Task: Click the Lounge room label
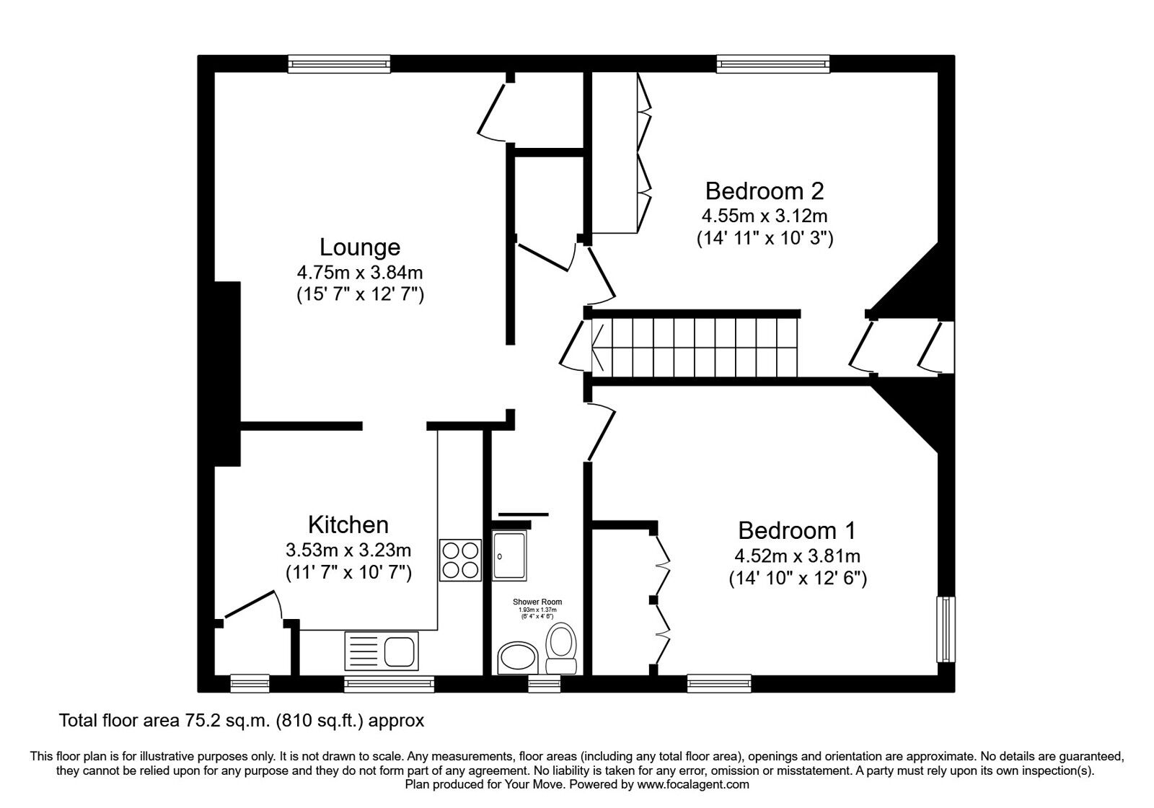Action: pyautogui.click(x=359, y=247)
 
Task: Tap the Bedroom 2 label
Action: pyautogui.click(x=764, y=191)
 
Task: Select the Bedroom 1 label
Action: pyautogui.click(x=796, y=531)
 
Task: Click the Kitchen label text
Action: pyautogui.click(x=348, y=524)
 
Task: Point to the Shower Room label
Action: pyautogui.click(x=537, y=602)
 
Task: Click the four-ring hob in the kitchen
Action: pyautogui.click(x=460, y=560)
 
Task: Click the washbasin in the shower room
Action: pyautogui.click(x=517, y=658)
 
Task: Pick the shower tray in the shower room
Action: pyautogui.click(x=510, y=555)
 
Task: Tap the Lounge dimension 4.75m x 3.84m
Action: pyautogui.click(x=359, y=273)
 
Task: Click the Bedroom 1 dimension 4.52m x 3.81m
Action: pyautogui.click(x=797, y=556)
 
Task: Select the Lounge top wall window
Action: pyautogui.click(x=339, y=64)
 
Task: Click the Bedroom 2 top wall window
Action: pyautogui.click(x=773, y=64)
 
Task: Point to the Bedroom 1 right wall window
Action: pyautogui.click(x=946, y=628)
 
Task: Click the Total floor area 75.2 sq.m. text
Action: pyautogui.click(x=242, y=720)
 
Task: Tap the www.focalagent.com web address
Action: pyautogui.click(x=692, y=784)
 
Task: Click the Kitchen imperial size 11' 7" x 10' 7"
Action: pyautogui.click(x=348, y=573)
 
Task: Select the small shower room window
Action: pyautogui.click(x=545, y=683)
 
